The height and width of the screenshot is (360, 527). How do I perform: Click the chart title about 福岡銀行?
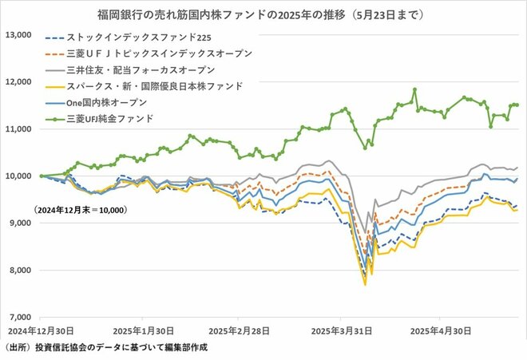pyautogui.click(x=260, y=14)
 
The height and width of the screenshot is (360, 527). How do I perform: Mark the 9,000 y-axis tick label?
pyautogui.click(x=19, y=224)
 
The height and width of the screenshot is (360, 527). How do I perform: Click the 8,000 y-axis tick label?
pyautogui.click(x=19, y=271)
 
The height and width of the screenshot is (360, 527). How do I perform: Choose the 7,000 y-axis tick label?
pyautogui.click(x=19, y=318)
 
